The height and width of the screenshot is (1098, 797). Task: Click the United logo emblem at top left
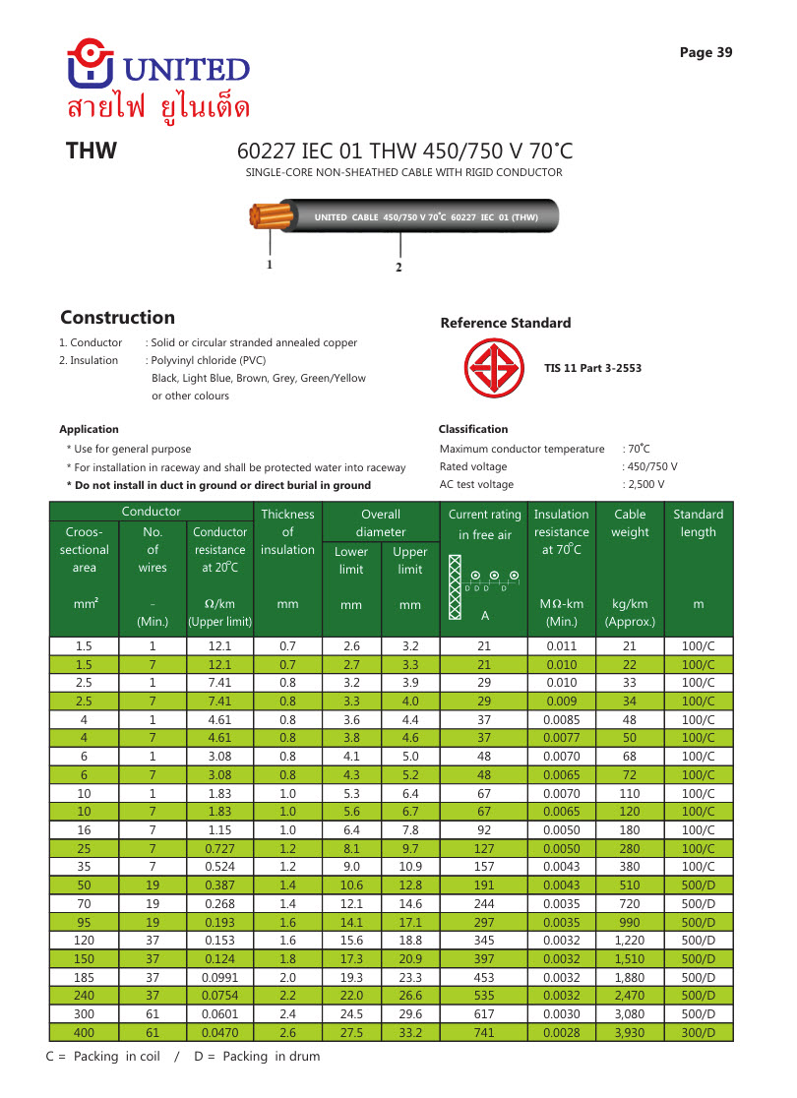tap(91, 63)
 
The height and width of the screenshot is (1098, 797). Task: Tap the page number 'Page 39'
tap(705, 53)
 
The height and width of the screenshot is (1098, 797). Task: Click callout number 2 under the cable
tap(398, 268)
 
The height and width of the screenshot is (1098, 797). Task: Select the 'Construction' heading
tap(117, 318)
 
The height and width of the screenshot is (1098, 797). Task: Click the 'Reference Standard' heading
tap(505, 323)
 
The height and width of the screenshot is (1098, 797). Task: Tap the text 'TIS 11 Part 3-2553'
tap(592, 369)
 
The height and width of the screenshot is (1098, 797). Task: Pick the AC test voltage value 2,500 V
tap(645, 484)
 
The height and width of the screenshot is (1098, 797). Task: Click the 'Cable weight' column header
tap(630, 522)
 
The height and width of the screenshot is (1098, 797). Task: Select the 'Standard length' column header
tap(698, 522)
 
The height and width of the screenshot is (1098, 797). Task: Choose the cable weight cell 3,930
tap(630, 1032)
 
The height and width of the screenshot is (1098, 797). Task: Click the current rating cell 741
tap(484, 1032)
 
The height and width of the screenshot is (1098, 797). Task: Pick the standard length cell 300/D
tap(698, 1032)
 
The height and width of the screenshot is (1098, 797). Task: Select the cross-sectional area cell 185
tap(84, 976)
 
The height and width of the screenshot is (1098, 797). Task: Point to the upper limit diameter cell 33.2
tap(410, 1032)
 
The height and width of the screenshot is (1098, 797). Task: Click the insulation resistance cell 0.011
tap(561, 646)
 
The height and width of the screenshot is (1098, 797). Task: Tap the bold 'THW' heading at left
tap(92, 152)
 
